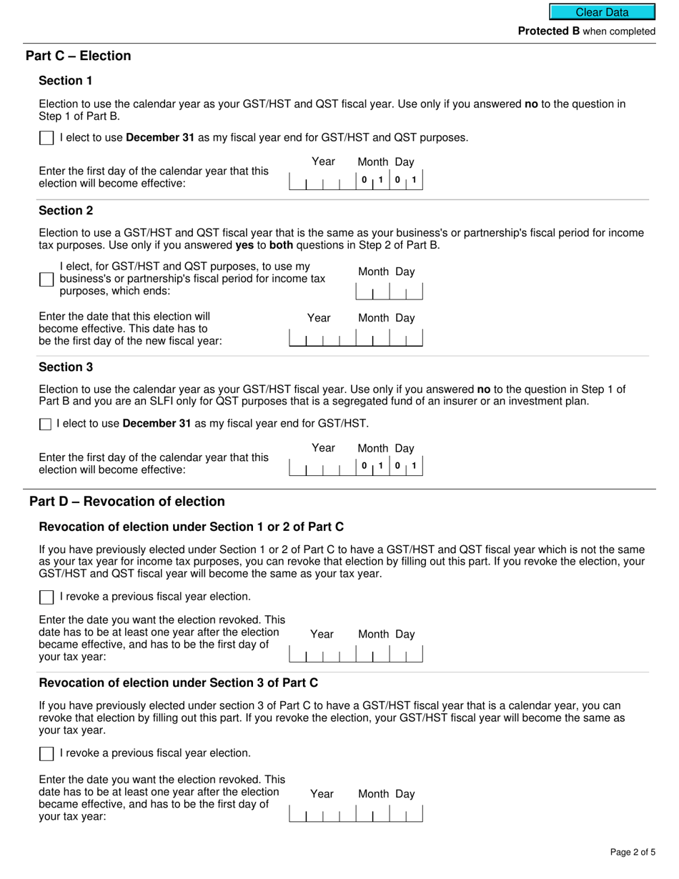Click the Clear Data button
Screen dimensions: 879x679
click(x=602, y=12)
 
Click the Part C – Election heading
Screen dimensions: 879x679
click(x=78, y=56)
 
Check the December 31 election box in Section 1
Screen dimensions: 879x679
click(x=46, y=138)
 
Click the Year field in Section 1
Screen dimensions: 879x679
click(x=322, y=181)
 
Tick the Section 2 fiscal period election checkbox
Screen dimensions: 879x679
click(x=46, y=279)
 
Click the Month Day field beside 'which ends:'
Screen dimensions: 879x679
click(x=389, y=292)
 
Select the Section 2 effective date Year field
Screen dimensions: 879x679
click(x=322, y=337)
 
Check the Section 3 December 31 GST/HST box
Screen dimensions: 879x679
click(x=45, y=424)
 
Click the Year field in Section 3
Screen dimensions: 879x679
click(x=322, y=467)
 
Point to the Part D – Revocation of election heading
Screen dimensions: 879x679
click(x=127, y=501)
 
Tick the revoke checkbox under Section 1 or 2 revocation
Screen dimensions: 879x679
click(x=46, y=597)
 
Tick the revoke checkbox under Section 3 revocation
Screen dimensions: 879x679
click(x=46, y=753)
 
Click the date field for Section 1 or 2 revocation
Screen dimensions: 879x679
click(x=355, y=654)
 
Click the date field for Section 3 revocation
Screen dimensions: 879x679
click(x=355, y=813)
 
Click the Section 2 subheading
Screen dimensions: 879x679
click(x=66, y=210)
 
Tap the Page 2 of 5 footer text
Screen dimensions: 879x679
click(x=633, y=852)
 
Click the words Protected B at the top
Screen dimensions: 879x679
click(x=548, y=31)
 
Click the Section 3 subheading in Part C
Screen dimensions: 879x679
click(x=66, y=367)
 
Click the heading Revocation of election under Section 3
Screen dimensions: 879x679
click(x=178, y=682)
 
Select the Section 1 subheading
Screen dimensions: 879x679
click(x=66, y=80)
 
